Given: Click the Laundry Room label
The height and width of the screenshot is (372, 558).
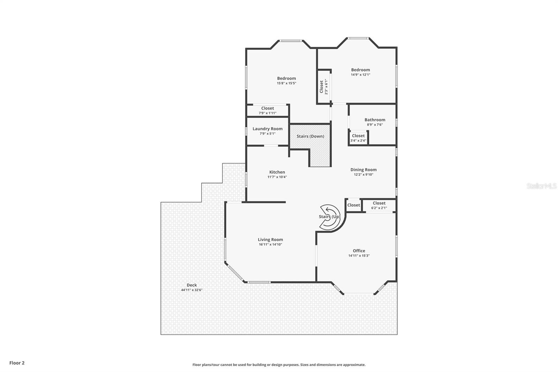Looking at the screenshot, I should click(267, 129).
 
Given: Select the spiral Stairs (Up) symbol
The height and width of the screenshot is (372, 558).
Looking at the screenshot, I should click(330, 217).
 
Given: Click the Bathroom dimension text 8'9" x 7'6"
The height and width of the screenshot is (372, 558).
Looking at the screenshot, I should click(375, 125).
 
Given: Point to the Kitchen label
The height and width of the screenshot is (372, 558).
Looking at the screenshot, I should click(277, 172).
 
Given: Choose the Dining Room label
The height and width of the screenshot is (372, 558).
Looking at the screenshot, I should click(363, 170).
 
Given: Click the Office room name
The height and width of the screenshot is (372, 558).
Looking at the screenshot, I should click(359, 251).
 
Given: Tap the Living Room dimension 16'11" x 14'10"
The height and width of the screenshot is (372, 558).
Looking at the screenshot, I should click(270, 245).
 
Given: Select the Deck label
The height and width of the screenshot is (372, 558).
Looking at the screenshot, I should click(191, 285).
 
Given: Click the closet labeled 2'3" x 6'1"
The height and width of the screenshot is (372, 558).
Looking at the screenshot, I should click(324, 87).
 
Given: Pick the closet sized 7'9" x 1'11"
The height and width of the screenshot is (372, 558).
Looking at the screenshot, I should click(267, 111).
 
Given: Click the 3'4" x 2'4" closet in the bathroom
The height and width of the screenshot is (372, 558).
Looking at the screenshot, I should click(358, 138).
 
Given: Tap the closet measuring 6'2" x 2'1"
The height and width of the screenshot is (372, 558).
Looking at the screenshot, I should click(379, 205).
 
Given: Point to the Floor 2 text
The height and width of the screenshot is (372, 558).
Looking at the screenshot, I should click(17, 363).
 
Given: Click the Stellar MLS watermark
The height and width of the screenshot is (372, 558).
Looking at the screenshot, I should click(541, 186).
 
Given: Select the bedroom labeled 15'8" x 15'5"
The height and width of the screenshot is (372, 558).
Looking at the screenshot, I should click(286, 81).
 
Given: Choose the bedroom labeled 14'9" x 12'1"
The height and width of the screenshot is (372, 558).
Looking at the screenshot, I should click(360, 72).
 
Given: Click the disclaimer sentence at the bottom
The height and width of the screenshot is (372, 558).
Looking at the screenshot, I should click(279, 365).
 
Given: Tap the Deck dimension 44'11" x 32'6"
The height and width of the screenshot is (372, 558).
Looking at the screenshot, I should click(191, 290).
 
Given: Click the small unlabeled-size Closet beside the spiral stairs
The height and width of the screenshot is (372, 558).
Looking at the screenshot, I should click(353, 205).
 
